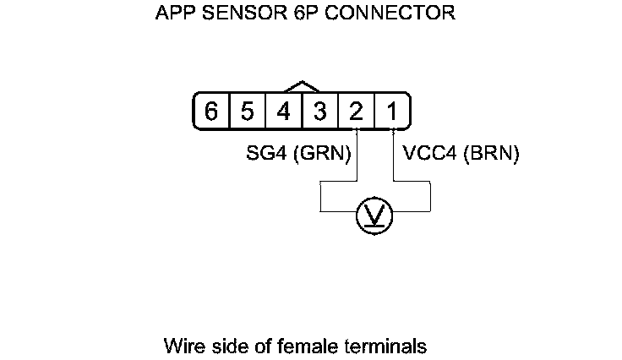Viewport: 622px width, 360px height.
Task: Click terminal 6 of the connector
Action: (211, 112)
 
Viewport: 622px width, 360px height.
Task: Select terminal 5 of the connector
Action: (248, 112)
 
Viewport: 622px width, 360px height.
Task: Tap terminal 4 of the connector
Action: (284, 112)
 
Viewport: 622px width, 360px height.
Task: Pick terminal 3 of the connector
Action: (320, 112)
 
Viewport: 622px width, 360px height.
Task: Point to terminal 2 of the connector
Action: (357, 112)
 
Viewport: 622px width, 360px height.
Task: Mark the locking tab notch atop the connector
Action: (302, 86)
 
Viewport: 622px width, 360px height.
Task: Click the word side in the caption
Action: (225, 346)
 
